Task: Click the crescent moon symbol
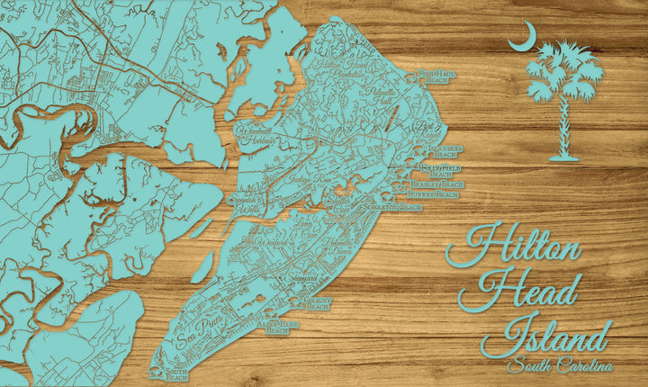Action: [522, 38]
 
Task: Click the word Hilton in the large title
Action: [514, 247]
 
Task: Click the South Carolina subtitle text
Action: [559, 365]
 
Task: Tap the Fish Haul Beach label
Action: [435, 77]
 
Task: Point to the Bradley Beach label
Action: [442, 184]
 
